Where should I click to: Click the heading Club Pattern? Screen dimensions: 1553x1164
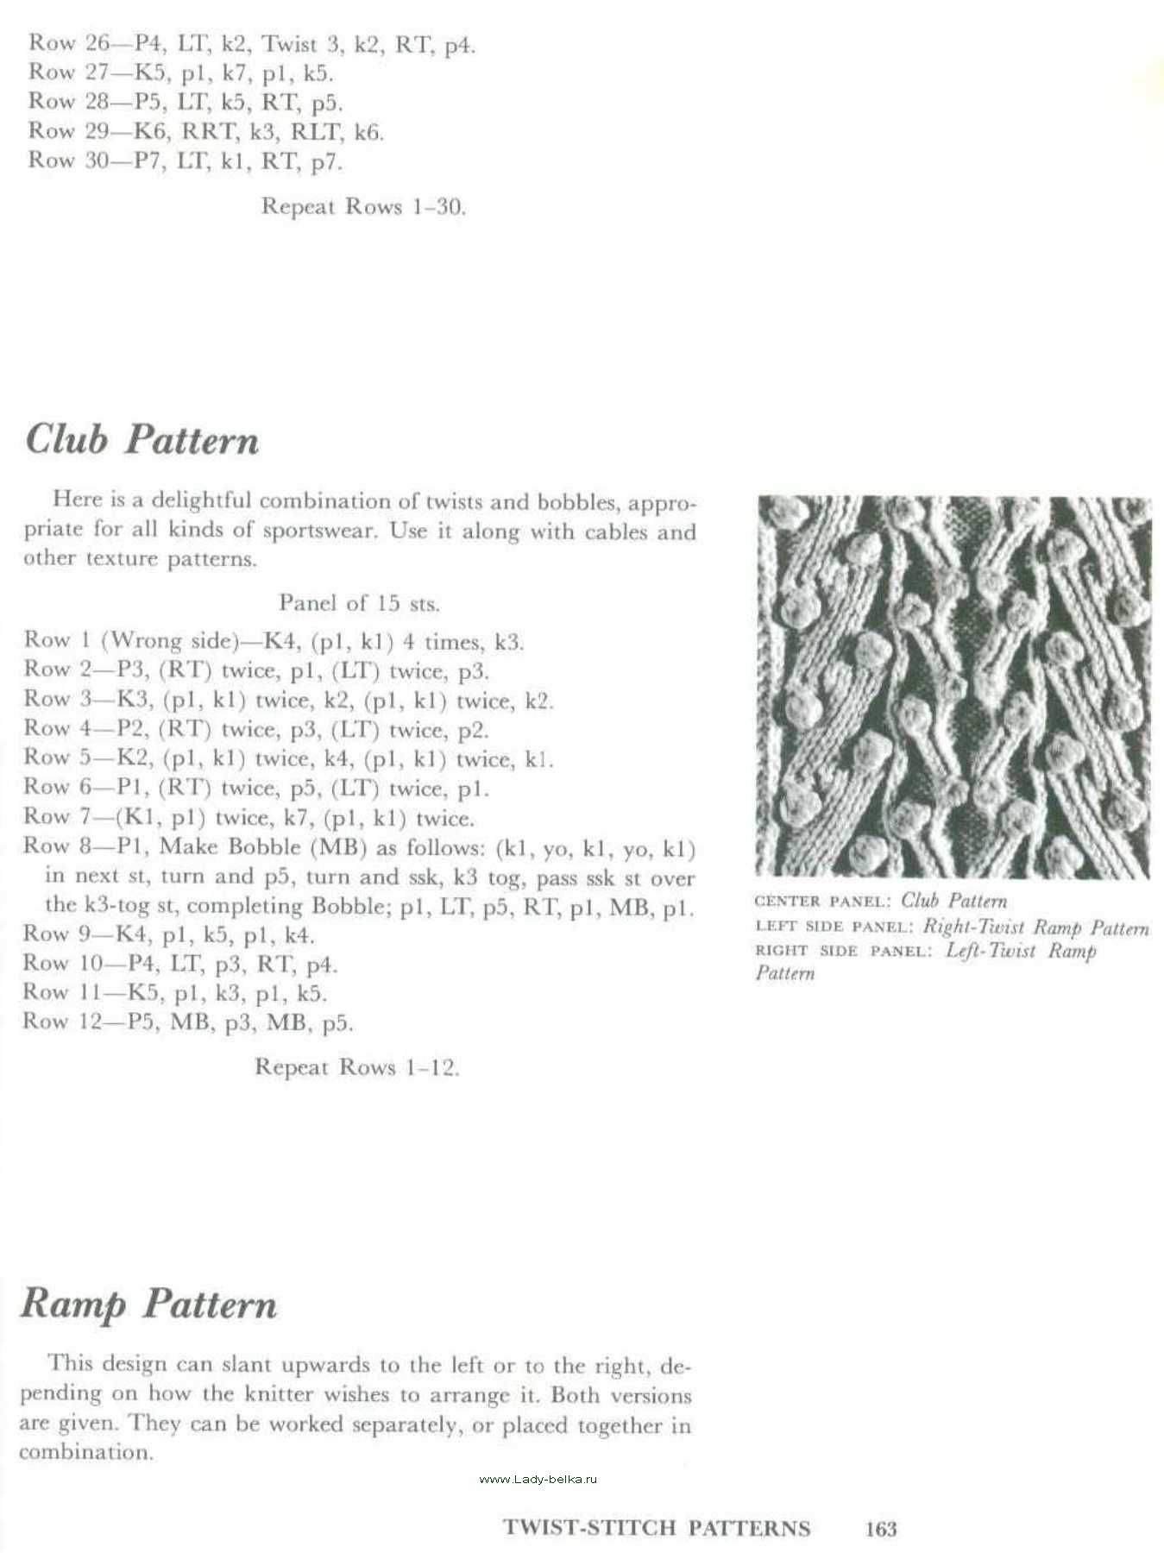point(142,439)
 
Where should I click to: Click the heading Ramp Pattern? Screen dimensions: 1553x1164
point(148,1304)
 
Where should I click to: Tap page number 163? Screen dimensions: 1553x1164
point(880,1529)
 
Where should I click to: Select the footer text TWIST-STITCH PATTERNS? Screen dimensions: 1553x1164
point(656,1528)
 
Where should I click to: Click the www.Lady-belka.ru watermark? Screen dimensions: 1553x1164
point(538,1479)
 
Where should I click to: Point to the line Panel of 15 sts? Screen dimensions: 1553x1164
point(359,603)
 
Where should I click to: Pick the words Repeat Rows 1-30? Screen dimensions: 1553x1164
point(363,207)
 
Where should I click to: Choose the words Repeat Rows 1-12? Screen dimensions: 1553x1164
point(356,1067)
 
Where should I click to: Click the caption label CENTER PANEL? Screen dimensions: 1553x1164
point(821,902)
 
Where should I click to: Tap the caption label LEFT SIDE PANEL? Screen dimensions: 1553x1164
point(834,927)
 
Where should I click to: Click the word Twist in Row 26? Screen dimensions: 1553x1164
point(289,44)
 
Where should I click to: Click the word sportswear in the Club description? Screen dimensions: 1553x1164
point(319,530)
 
